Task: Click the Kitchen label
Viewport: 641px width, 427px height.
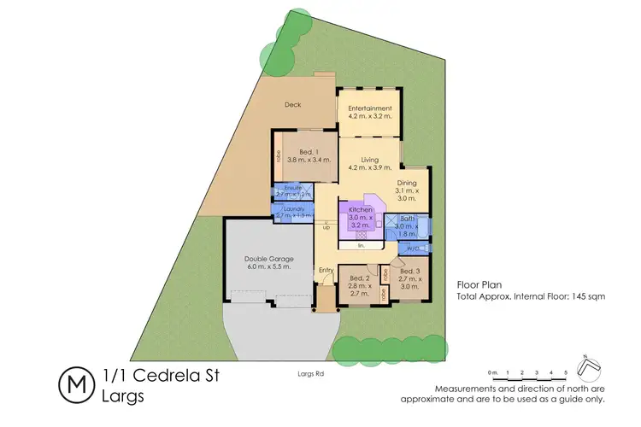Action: coord(359,209)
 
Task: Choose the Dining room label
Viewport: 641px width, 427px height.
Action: coord(407,182)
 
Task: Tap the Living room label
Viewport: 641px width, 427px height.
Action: coord(370,160)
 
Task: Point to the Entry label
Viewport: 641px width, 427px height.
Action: coord(326,272)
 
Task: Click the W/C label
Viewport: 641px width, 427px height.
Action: coord(413,249)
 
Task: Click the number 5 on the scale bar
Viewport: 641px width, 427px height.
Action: coord(565,373)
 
